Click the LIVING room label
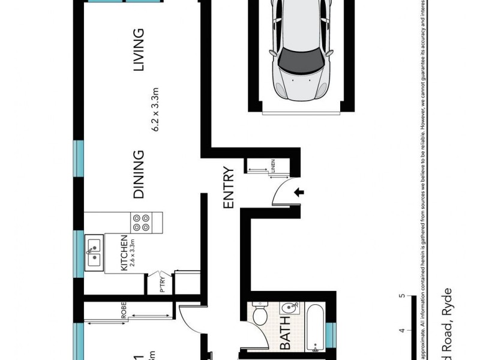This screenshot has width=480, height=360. (x=139, y=50)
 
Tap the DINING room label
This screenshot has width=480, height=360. (x=139, y=175)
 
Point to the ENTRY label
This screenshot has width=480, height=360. (x=229, y=188)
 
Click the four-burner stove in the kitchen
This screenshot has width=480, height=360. (x=142, y=223)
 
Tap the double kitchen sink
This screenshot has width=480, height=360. (x=94, y=253)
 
